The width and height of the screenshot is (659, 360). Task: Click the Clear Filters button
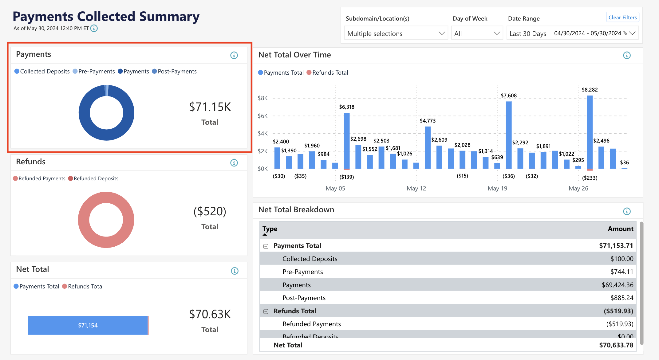(x=622, y=18)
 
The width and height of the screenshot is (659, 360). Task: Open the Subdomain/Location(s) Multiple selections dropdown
(x=396, y=33)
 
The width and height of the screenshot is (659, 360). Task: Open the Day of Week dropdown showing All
(x=477, y=33)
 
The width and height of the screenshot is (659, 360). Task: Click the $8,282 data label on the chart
(x=590, y=90)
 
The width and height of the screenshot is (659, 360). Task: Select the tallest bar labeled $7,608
(x=509, y=135)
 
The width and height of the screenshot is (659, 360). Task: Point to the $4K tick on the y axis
(x=263, y=133)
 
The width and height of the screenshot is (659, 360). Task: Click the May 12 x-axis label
(x=416, y=188)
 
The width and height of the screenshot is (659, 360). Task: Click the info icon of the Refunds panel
(x=234, y=163)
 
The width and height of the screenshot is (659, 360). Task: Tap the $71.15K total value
(x=210, y=107)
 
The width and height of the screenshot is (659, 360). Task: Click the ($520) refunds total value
(x=210, y=211)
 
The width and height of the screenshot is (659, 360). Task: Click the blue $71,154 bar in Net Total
(x=88, y=325)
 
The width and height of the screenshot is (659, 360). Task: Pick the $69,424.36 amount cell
(x=617, y=285)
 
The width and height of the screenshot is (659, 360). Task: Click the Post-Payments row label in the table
(x=304, y=298)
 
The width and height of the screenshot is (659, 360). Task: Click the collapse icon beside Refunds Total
(x=266, y=311)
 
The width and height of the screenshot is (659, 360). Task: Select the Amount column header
(x=620, y=229)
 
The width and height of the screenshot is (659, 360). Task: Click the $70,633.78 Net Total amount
(x=616, y=345)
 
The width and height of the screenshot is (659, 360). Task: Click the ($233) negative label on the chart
(x=590, y=178)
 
